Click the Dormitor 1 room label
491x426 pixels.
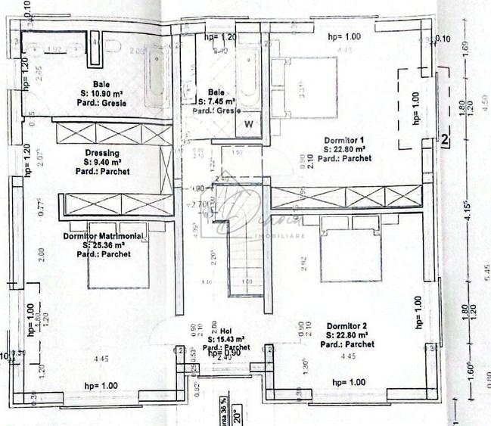tap(344, 140)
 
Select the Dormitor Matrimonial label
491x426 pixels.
tap(104, 236)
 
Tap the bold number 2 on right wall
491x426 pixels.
tap(446, 139)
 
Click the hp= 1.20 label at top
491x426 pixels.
tap(220, 36)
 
